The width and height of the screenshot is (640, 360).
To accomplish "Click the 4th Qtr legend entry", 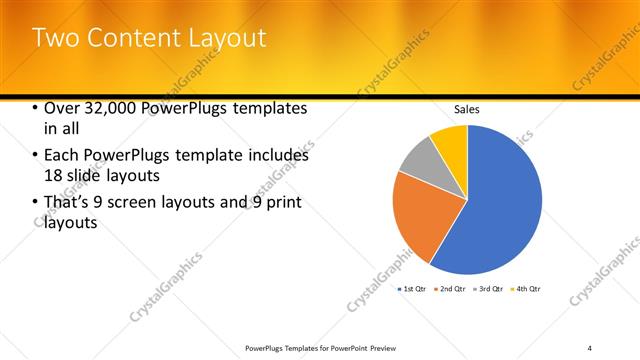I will (x=527, y=288).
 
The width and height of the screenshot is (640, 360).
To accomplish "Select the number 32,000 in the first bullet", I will (x=109, y=108).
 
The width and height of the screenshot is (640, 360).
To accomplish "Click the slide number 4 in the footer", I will (x=590, y=348).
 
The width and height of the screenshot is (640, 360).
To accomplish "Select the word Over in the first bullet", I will (x=62, y=108).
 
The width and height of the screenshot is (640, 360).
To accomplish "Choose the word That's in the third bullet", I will (x=67, y=204).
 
